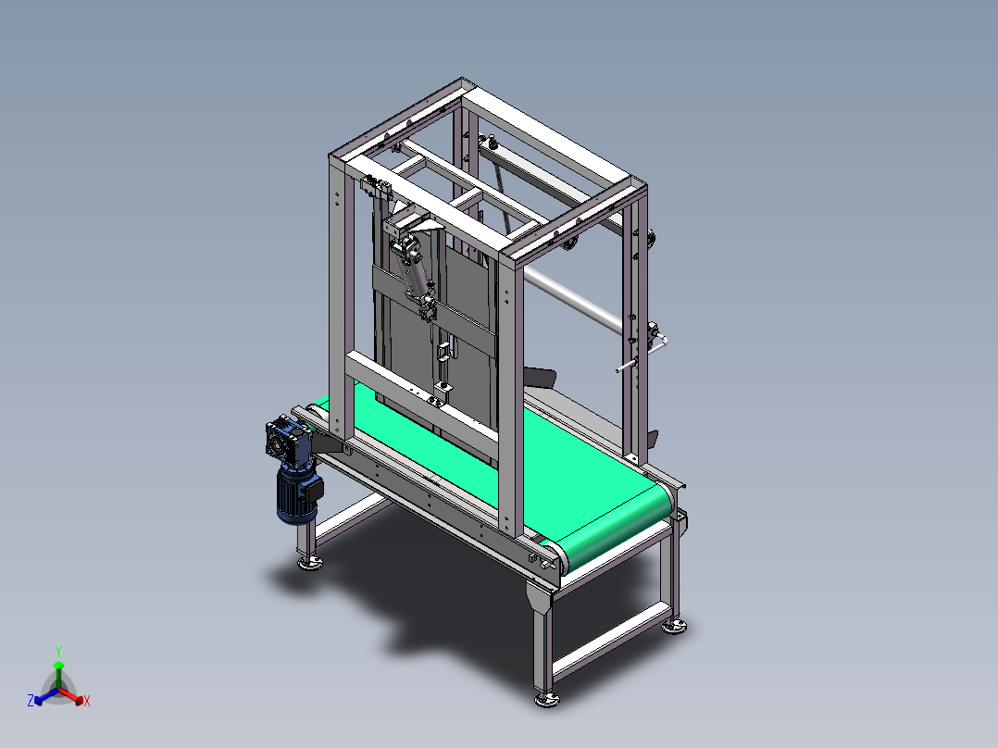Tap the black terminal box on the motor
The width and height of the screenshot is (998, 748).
313,493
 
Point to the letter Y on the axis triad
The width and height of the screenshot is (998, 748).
57,651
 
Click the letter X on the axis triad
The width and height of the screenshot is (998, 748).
87,702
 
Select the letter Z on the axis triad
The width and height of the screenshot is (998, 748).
31,702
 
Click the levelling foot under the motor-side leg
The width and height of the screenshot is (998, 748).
308,563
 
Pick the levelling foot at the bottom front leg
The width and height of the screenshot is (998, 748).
547,699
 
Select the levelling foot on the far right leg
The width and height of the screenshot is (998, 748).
675,627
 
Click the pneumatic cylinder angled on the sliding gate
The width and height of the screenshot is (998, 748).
413,268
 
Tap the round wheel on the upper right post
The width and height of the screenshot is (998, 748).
653,242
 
